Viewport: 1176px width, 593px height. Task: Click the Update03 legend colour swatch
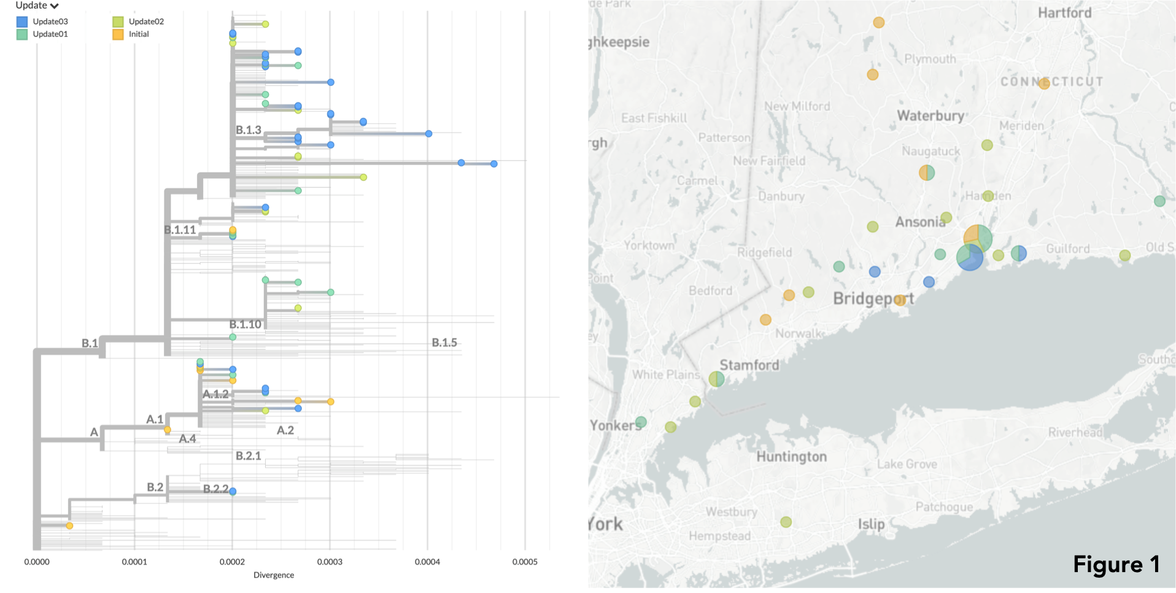[x=22, y=21]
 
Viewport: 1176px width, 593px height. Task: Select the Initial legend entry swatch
[x=118, y=34]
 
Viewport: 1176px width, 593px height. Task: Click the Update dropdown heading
[x=37, y=6]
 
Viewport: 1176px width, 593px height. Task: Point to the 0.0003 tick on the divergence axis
[x=330, y=562]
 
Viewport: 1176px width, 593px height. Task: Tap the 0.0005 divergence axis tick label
[x=525, y=562]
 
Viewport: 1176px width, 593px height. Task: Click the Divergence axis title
[x=274, y=575]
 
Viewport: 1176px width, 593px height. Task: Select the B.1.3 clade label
[x=249, y=130]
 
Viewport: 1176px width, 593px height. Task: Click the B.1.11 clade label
[x=180, y=230]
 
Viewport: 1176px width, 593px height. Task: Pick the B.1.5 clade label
[x=444, y=343]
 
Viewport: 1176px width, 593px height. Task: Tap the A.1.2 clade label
[x=215, y=394]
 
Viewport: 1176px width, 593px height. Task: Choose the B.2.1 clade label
[x=249, y=456]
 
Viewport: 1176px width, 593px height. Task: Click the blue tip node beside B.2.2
[x=233, y=491]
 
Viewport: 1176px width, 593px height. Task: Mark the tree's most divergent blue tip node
[x=493, y=164]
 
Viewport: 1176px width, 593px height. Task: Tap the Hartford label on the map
[x=1064, y=13]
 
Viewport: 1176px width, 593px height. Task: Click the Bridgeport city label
[x=873, y=299]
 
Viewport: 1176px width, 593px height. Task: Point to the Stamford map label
[x=749, y=365]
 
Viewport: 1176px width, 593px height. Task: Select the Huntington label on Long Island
[x=791, y=457]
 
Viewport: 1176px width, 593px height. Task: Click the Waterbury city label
[x=930, y=116]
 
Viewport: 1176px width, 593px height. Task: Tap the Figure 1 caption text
[x=1116, y=564]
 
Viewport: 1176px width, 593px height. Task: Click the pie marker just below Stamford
[x=716, y=379]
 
